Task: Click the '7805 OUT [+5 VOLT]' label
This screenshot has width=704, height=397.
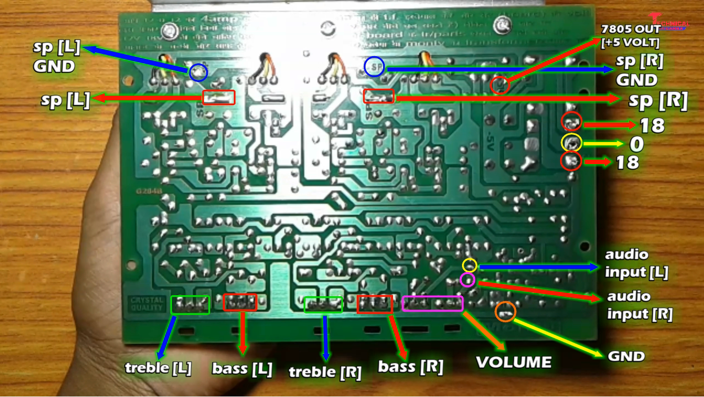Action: (630, 36)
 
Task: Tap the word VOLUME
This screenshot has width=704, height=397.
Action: (514, 362)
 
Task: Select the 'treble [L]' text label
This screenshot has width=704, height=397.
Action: (158, 368)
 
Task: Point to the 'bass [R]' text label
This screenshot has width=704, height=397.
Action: (411, 366)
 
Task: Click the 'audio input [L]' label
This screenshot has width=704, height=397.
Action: (636, 263)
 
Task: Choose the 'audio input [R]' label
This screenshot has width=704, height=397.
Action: (639, 305)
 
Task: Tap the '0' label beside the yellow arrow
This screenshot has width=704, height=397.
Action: (637, 144)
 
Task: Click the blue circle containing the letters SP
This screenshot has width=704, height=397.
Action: (374, 67)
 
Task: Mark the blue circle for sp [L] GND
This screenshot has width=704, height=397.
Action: (198, 72)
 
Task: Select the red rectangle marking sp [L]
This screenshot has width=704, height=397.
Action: (219, 97)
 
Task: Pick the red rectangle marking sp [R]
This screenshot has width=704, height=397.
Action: (379, 96)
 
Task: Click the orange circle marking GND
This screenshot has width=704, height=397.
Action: (506, 312)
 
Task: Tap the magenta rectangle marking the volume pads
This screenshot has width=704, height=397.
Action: (433, 303)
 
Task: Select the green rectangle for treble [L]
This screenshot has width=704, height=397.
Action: (190, 304)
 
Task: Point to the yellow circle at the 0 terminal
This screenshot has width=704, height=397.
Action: (571, 143)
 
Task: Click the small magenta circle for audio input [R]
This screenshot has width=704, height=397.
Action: (467, 280)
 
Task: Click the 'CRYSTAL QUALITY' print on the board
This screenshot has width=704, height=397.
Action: (147, 304)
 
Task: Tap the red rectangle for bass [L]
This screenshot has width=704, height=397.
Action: (240, 302)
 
